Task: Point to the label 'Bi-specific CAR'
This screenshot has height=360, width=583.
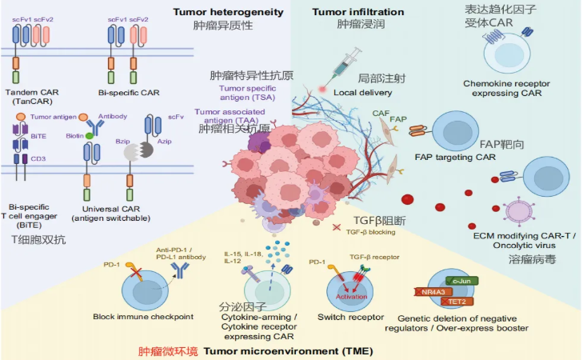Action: [129, 93]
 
